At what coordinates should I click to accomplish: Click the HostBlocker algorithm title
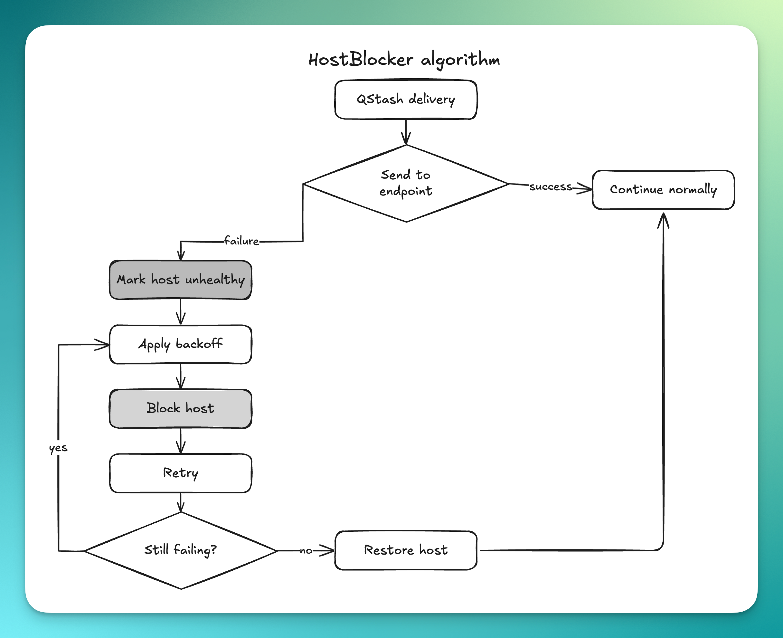point(404,60)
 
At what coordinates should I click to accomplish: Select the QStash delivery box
point(406,100)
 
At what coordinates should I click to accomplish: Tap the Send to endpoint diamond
point(406,183)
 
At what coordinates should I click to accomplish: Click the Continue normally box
point(663,190)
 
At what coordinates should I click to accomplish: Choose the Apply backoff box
point(180,344)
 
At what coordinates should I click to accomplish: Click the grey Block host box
point(180,409)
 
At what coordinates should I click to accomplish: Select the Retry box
point(180,473)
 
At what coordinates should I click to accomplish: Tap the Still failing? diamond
point(180,550)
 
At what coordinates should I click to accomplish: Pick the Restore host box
point(406,550)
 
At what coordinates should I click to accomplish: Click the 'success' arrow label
point(551,187)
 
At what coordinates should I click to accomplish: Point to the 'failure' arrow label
point(241,241)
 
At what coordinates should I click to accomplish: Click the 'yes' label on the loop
point(58,448)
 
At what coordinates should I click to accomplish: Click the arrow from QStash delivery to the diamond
point(406,132)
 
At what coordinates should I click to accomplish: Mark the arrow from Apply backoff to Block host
point(180,377)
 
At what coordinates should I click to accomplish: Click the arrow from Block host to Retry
point(180,441)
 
